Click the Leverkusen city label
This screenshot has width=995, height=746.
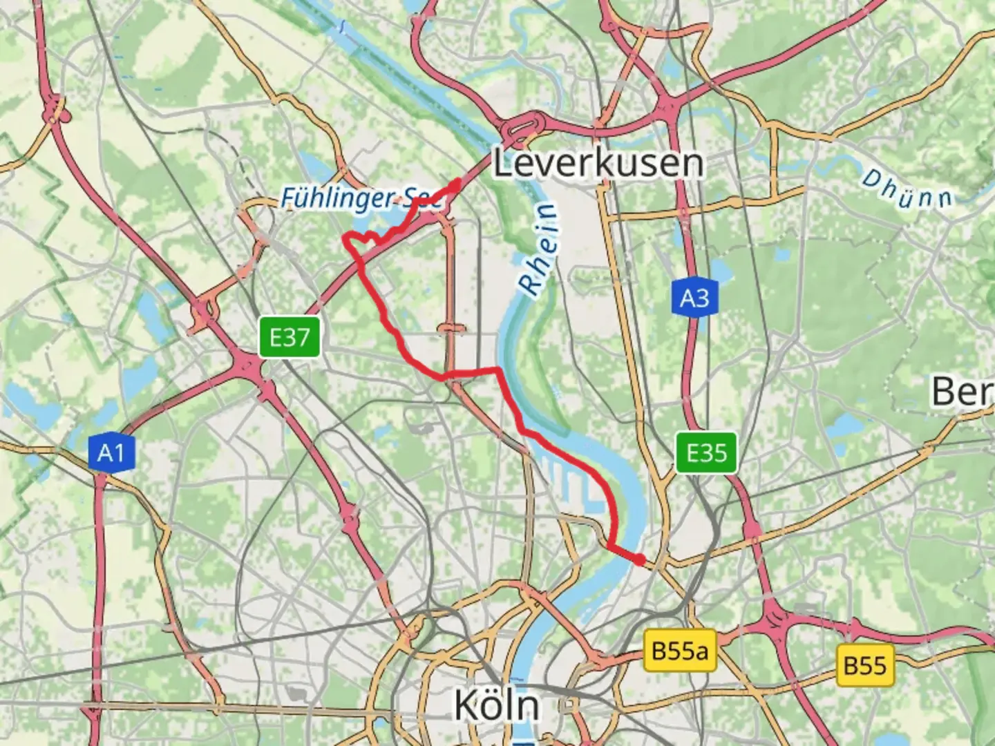point(598,164)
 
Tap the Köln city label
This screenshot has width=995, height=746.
point(496,705)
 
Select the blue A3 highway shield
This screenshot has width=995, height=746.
point(694,298)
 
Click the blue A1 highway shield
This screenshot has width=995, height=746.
point(111,453)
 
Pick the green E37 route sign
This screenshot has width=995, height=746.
point(290,338)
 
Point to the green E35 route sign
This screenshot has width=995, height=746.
point(706,453)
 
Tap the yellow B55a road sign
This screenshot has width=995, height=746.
point(680,651)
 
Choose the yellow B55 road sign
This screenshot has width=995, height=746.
point(864,665)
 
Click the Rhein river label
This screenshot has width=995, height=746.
point(539,250)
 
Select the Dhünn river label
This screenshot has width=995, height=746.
point(907,189)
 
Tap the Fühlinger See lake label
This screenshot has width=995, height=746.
point(359,199)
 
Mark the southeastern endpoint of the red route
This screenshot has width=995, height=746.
point(641,559)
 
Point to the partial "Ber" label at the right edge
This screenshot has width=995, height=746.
point(962,392)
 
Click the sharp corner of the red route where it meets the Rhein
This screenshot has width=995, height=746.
point(497,371)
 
